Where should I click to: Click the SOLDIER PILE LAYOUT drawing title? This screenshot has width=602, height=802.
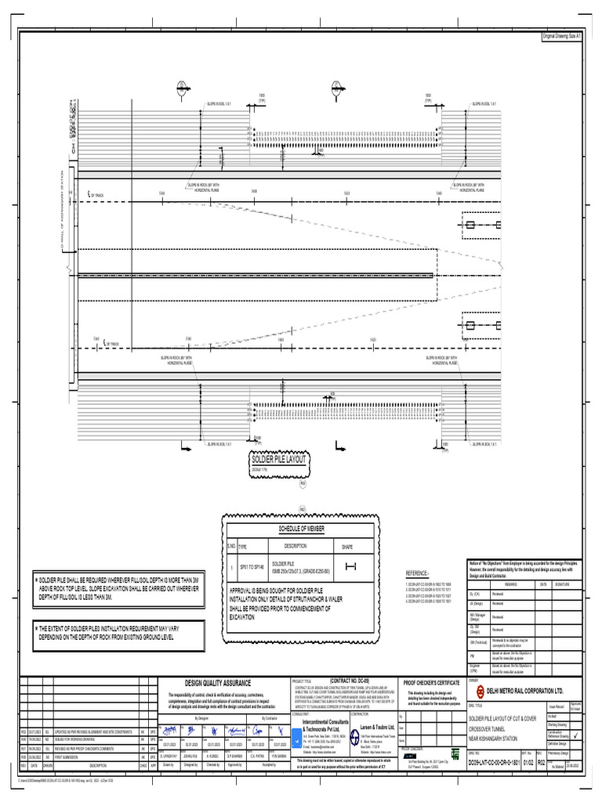[278, 460]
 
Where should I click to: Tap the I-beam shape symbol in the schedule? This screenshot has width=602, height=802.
[350, 567]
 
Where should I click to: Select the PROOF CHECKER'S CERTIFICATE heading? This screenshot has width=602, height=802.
[431, 662]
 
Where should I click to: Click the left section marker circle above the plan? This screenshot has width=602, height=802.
[180, 85]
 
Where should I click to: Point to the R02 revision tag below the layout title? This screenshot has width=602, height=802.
[302, 484]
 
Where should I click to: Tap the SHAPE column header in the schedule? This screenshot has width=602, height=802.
[347, 546]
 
